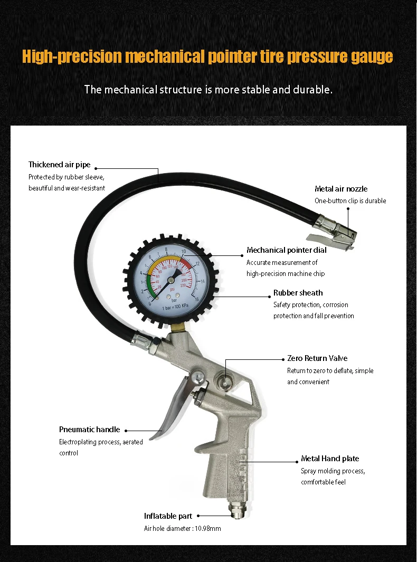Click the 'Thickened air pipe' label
pos(63,165)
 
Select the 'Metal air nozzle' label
pos(341,189)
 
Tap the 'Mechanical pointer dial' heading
pos(286,250)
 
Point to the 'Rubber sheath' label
pos(298,293)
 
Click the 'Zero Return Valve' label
pos(317,358)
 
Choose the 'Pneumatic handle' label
pos(89,430)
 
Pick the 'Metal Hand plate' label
pos(330,459)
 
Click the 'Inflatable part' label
pos(168,516)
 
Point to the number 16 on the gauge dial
pos(196,299)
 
